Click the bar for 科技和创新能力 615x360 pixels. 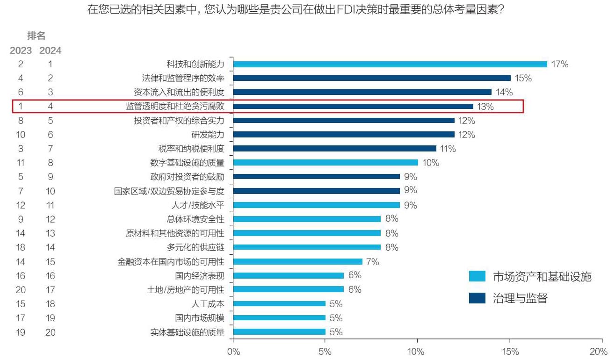pyautogui.click(x=390, y=64)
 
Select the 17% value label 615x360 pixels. pyautogui.click(x=560, y=64)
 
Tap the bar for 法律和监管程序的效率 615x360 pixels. pyautogui.click(x=371, y=78)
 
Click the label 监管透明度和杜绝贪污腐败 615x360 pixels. pyautogui.click(x=175, y=107)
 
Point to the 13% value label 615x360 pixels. pyautogui.click(x=485, y=107)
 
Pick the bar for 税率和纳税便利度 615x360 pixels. pyautogui.click(x=334, y=149)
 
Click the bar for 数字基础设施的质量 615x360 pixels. pyautogui.click(x=325, y=163)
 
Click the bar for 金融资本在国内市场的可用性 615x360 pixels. pyautogui.click(x=297, y=262)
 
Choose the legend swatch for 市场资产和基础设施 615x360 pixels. pyautogui.click(x=477, y=276)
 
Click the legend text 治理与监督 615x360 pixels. pyautogui.click(x=520, y=298)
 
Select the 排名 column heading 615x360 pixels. pyautogui.click(x=36, y=36)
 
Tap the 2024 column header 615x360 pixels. pyautogui.click(x=50, y=50)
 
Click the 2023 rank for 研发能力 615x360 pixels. pyautogui.click(x=21, y=135)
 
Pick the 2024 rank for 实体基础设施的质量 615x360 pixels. pyautogui.click(x=50, y=332)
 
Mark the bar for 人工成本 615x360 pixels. pyautogui.click(x=279, y=304)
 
